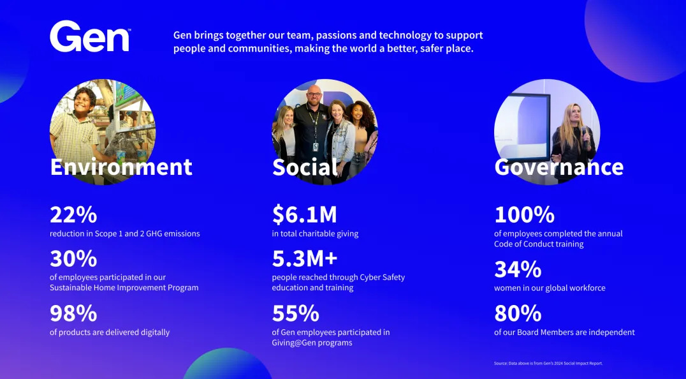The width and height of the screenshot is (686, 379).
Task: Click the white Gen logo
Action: [90, 36]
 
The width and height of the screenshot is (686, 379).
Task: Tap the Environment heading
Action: [121, 167]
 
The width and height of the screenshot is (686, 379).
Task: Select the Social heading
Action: [305, 167]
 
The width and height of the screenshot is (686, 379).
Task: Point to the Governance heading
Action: [558, 167]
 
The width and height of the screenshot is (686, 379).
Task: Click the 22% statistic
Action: [73, 214]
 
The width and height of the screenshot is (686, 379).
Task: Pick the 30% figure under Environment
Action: [73, 258]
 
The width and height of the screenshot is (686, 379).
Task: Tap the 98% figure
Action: [73, 313]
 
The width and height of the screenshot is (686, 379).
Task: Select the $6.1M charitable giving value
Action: [305, 214]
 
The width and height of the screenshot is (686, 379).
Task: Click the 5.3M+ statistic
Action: [305, 258]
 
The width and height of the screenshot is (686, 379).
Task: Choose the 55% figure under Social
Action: [296, 313]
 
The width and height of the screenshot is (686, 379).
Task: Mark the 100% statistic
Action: [525, 214]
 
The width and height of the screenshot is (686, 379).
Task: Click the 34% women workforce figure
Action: [518, 270]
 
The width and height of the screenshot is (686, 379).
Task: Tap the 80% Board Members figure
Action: [518, 313]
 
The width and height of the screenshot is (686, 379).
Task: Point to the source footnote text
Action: [548, 363]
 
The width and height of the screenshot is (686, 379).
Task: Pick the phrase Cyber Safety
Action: [376, 278]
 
